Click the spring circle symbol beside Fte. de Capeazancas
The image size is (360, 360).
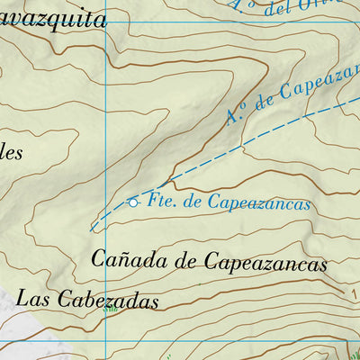point(134,202)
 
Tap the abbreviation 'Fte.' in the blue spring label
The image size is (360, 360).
point(160,202)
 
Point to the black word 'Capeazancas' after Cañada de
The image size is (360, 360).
point(266,263)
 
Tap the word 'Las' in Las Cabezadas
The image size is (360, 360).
point(32,298)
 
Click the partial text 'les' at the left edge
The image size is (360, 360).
point(11,152)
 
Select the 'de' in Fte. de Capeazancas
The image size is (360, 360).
point(193,202)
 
